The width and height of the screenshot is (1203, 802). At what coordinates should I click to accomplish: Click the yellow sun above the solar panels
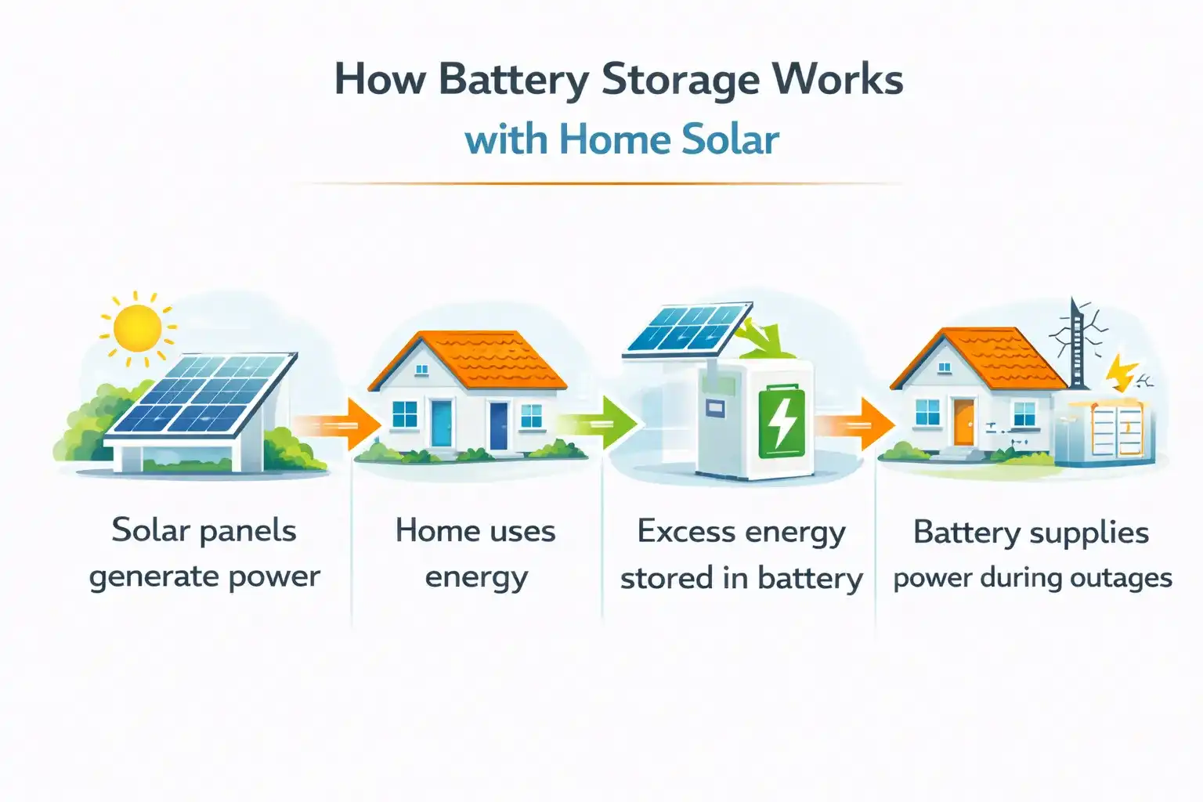tap(137, 327)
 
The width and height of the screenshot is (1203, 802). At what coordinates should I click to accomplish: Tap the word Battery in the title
tap(513, 81)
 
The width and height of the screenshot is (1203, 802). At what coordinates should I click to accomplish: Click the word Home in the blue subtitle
tap(615, 140)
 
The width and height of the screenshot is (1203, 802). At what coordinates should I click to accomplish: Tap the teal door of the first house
tap(442, 423)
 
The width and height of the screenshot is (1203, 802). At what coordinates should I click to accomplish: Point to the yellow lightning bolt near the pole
tap(1122, 372)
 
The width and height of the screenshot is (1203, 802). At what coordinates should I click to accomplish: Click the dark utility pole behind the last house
tap(1077, 345)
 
